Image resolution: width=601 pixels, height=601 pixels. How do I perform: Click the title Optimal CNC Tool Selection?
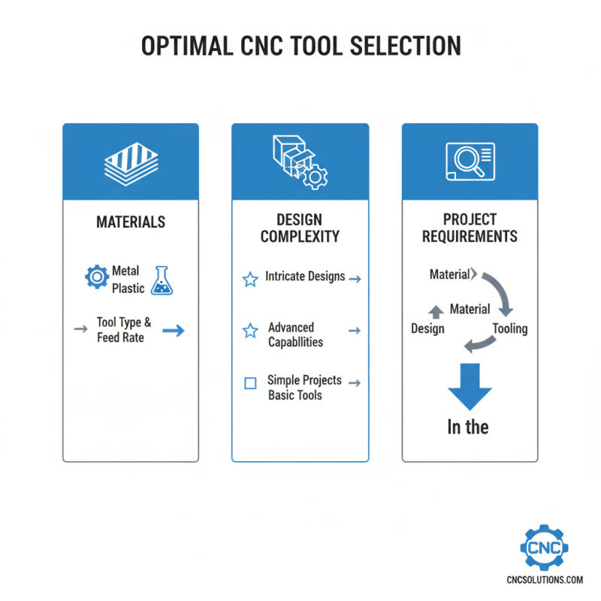(x=300, y=46)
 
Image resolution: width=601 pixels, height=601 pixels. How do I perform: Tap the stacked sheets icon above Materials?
(x=131, y=163)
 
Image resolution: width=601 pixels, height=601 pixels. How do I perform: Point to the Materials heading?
(x=131, y=222)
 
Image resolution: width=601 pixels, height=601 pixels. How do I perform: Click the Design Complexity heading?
(x=300, y=228)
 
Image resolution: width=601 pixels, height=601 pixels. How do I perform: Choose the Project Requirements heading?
(x=470, y=228)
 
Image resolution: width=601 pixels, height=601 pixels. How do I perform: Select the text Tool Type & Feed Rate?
(x=124, y=330)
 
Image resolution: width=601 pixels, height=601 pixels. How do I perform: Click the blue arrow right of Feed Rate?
(x=174, y=331)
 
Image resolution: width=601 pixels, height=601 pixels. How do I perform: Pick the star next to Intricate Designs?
(x=250, y=279)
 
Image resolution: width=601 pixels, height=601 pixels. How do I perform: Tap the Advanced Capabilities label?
(x=296, y=335)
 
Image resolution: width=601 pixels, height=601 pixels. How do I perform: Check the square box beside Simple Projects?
(x=251, y=383)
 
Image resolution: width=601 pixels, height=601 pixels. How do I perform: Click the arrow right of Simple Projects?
(x=355, y=383)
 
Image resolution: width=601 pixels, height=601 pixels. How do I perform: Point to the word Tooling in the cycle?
(x=509, y=328)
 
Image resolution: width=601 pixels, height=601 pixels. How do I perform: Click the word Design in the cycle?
(x=427, y=328)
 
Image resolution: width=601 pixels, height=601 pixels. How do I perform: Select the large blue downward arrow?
(x=470, y=386)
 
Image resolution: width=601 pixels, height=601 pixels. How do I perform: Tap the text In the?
(x=468, y=427)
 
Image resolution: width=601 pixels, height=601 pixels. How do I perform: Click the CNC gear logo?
(x=544, y=548)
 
